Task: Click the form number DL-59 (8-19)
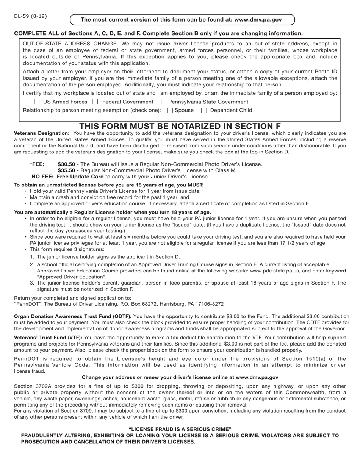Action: tap(31, 16)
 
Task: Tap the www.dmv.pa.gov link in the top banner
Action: tap(258, 20)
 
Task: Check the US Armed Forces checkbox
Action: tap(38, 102)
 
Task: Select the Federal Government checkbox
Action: tap(95, 102)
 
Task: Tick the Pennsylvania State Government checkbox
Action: tap(160, 102)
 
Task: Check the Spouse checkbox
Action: tap(170, 111)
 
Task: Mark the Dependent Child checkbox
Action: tap(204, 111)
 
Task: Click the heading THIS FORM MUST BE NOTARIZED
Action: tap(180, 126)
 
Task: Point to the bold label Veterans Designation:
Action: tap(42, 133)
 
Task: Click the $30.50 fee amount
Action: tap(66, 164)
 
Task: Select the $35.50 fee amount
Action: tap(66, 170)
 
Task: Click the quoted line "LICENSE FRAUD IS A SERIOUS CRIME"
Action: tap(180, 429)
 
